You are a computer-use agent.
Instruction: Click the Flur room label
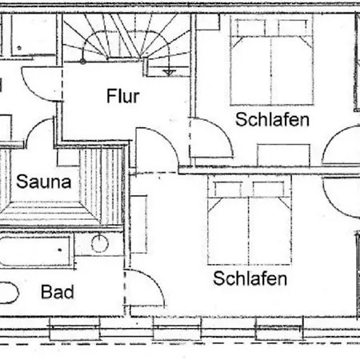(x=123, y=96)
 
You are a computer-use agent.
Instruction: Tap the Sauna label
(x=44, y=182)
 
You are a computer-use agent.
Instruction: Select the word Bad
(x=58, y=292)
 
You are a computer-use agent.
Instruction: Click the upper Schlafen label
(x=272, y=119)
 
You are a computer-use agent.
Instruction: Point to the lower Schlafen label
(x=250, y=278)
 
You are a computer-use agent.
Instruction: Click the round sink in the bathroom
(x=100, y=244)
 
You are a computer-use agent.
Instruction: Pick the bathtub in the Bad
(x=35, y=251)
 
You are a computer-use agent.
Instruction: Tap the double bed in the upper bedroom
(x=272, y=60)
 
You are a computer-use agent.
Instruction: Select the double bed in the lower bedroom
(x=250, y=220)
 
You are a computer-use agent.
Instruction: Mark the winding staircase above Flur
(x=126, y=38)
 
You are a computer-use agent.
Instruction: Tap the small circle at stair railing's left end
(x=83, y=62)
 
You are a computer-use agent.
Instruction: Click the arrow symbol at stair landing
(x=169, y=71)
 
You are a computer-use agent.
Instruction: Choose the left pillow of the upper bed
(x=250, y=27)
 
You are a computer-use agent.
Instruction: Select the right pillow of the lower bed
(x=270, y=188)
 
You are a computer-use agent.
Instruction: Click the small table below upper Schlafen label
(x=283, y=155)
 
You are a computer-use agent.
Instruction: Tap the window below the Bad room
(x=74, y=329)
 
